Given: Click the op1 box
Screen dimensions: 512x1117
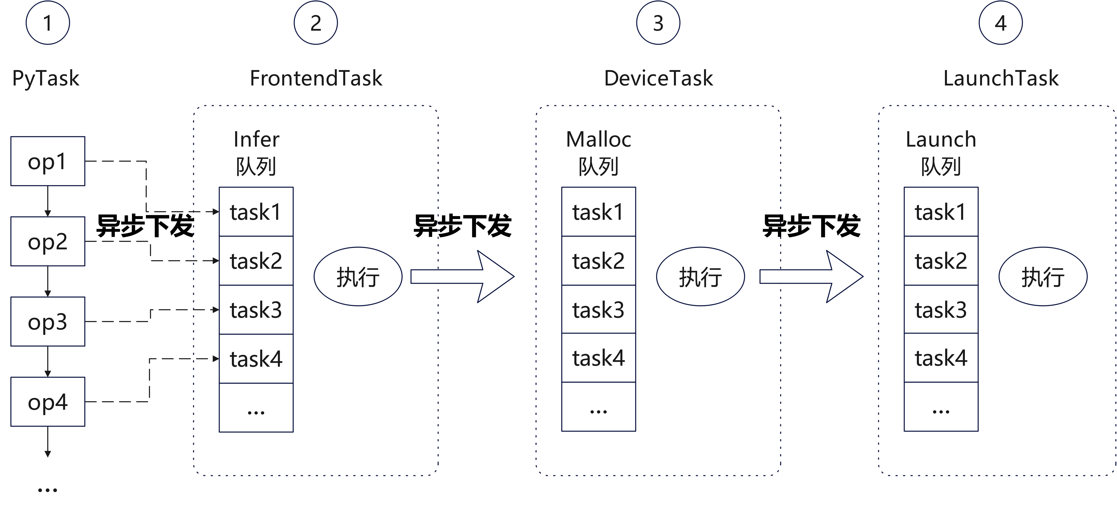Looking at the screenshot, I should (48, 161).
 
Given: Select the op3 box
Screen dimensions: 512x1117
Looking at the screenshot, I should (48, 321).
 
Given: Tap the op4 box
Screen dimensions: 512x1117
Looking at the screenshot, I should (48, 401).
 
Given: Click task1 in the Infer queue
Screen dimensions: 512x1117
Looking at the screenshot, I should (256, 212).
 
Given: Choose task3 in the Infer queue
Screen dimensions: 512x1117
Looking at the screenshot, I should (256, 310).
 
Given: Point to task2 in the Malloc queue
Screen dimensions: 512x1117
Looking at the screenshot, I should (598, 261).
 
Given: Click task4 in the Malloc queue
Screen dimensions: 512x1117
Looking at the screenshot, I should (598, 358).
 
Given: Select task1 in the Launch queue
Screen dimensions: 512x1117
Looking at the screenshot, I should (941, 212).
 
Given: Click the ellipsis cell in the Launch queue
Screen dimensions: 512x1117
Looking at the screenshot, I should (941, 407).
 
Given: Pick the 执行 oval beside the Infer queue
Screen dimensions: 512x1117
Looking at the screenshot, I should (358, 276).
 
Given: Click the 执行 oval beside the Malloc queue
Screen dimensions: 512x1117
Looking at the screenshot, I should (700, 276).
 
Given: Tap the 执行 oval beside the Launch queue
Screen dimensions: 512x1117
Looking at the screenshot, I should (1043, 276).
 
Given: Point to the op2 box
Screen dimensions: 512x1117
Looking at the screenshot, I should (48, 241).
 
